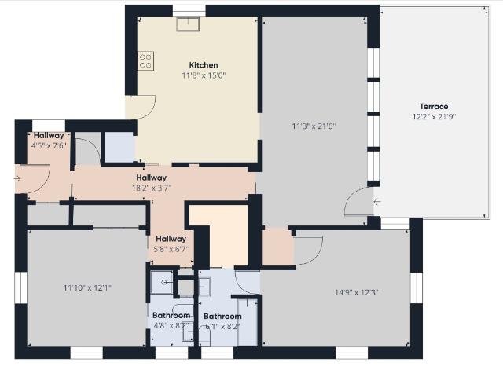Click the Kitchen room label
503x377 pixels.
coord(204,65)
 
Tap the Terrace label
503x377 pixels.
coord(434,107)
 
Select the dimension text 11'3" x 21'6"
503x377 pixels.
coord(314,126)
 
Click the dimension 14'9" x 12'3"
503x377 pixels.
coord(356,292)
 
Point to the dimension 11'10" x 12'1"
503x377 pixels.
coord(87,288)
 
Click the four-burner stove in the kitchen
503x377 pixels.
coord(145,61)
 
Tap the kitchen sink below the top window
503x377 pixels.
coord(188,24)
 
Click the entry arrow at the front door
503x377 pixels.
coord(18,179)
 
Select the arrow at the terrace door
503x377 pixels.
coord(377,202)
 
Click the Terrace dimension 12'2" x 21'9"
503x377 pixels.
coord(434,117)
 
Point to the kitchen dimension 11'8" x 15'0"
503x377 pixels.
coord(204,75)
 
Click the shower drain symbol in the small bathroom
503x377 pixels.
coord(164,283)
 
